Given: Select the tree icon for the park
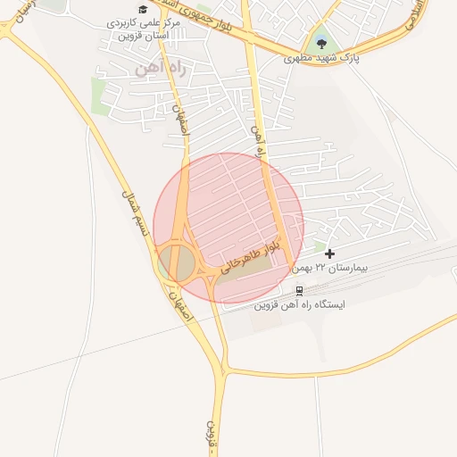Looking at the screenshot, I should click(320, 41).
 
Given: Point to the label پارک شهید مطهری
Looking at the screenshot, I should click(319, 58).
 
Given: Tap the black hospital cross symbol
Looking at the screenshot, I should click(330, 254).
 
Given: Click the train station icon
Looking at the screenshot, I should click(298, 290).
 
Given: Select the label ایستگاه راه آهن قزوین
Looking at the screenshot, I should click(301, 304).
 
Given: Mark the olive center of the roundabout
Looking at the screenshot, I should click(179, 262).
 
